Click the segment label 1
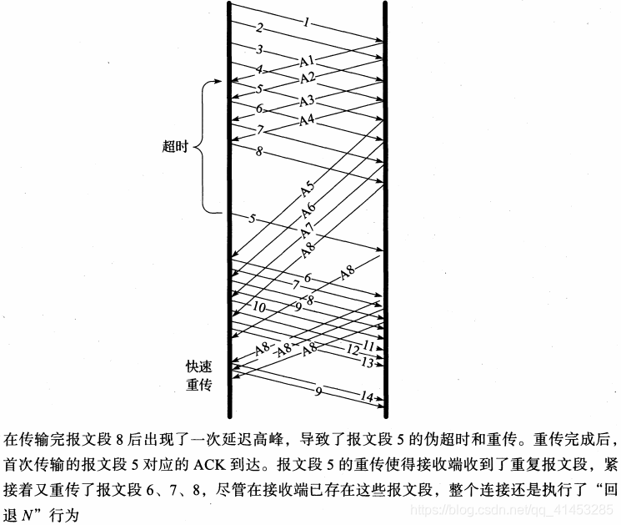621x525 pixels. [x=306, y=23]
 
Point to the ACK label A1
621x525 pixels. [x=307, y=61]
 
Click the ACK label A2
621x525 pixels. [x=307, y=78]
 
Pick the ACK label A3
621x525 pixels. [x=307, y=100]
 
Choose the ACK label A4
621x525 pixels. [x=307, y=120]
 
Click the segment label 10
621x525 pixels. [x=260, y=307]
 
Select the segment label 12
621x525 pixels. [x=352, y=349]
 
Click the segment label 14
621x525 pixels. [x=368, y=397]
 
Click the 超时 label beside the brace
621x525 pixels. [x=175, y=147]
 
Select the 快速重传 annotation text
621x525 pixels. [x=200, y=376]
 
